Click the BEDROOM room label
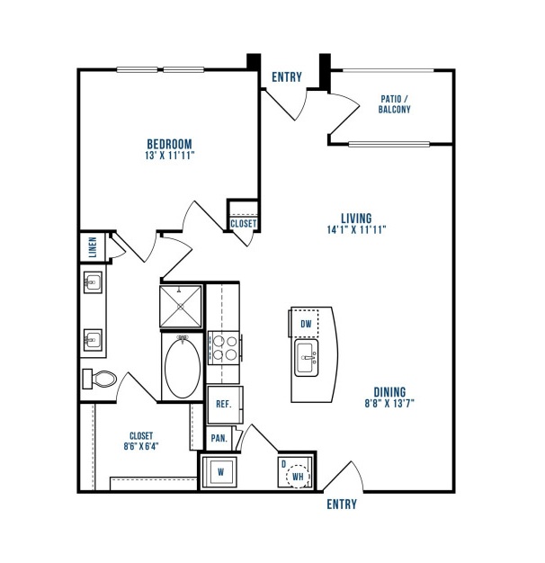169,144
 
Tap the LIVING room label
356,219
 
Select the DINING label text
389,392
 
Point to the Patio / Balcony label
394,104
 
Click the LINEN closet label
93,247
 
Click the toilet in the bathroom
100,380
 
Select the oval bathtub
183,367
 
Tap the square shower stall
181,307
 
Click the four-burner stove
224,347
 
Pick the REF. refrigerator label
224,405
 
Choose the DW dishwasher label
307,325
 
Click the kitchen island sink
307,358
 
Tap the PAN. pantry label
219,438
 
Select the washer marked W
219,472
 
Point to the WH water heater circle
299,477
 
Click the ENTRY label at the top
287,77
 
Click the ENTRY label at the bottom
342,505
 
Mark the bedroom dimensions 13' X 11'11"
169,156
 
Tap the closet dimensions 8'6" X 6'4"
141,446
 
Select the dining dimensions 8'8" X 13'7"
389,404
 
